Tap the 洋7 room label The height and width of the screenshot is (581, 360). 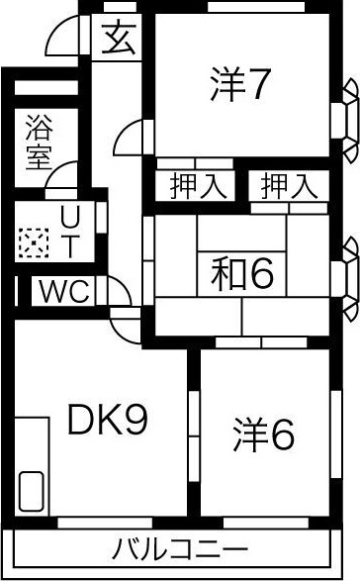click(240, 86)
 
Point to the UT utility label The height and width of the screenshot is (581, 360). click(69, 230)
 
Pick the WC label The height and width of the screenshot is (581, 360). click(65, 291)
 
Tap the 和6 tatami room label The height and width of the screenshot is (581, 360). click(241, 274)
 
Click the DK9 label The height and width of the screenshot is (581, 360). click(107, 422)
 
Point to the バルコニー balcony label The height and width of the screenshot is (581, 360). click(180, 548)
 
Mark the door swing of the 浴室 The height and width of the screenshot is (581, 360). click(61, 173)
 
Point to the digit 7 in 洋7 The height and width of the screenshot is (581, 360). click(256, 86)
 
